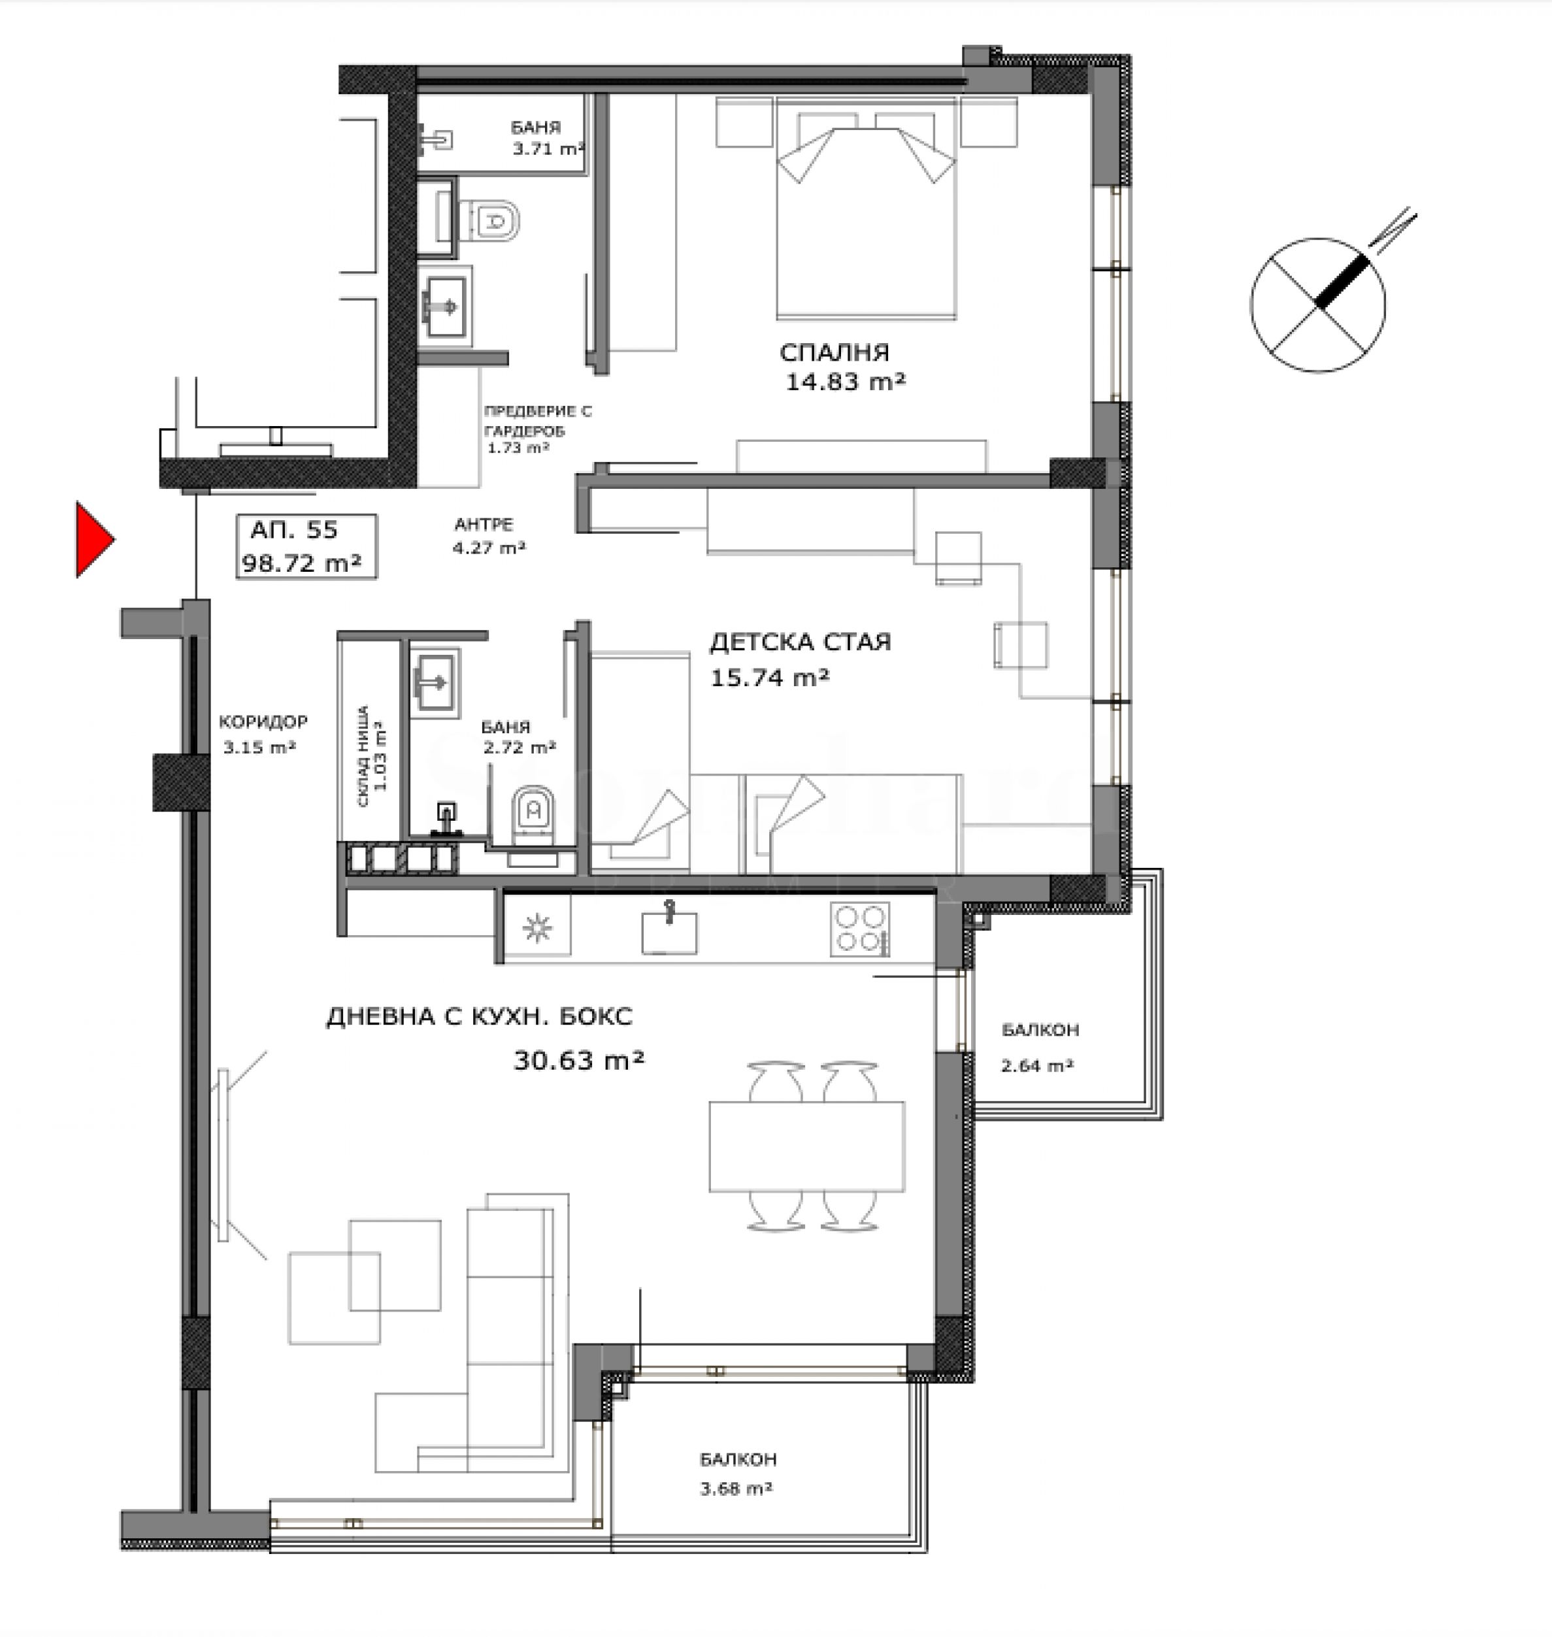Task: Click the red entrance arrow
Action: (93, 539)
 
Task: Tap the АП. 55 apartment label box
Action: (306, 546)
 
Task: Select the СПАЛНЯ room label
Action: (834, 352)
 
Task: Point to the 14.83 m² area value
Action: (846, 382)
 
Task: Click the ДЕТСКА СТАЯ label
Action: (800, 642)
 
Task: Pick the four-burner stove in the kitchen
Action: (861, 929)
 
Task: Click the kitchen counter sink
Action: (669, 930)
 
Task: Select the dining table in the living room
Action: (806, 1146)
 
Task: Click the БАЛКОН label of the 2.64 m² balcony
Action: (1040, 1030)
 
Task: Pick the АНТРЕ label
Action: (483, 525)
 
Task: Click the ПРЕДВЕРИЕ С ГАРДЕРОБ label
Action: (537, 420)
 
